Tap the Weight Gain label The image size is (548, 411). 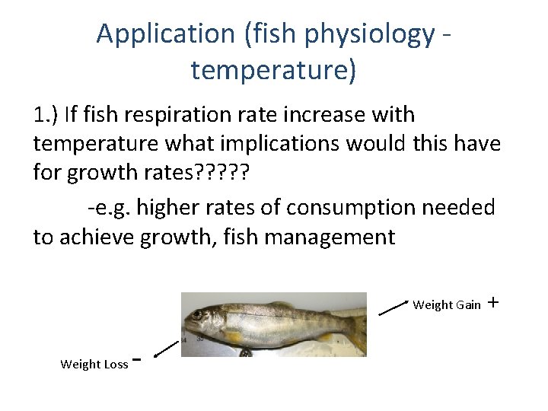446,305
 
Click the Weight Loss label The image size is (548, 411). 94,364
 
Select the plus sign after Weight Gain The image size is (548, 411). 492,303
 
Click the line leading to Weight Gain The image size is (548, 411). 394,307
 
